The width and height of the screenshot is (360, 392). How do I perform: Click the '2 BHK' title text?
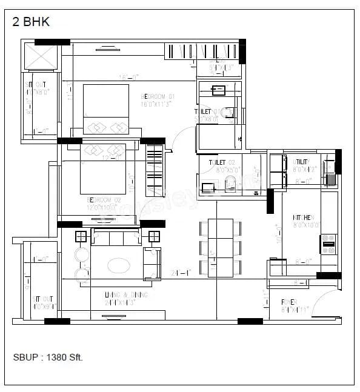coord(31,22)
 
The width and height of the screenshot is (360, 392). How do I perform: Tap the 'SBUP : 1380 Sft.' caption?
coord(48,357)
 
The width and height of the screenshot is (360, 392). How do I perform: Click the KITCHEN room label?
coord(303,218)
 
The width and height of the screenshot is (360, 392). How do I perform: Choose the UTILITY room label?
coord(304,162)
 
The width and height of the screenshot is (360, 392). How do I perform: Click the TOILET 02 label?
coord(221,163)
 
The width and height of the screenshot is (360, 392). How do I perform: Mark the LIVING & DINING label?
coord(126,294)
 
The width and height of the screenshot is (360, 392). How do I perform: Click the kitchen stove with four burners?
coord(329,244)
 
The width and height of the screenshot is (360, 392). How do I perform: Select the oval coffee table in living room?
coord(117,265)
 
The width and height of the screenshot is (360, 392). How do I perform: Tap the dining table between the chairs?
coord(220,247)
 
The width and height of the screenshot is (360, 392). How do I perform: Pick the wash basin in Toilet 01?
coord(218,91)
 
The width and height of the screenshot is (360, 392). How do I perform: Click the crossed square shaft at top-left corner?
coord(41,58)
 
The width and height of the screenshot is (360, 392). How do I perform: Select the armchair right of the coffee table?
coord(152,264)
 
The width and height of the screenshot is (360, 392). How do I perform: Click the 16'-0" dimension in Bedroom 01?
coord(129,77)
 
